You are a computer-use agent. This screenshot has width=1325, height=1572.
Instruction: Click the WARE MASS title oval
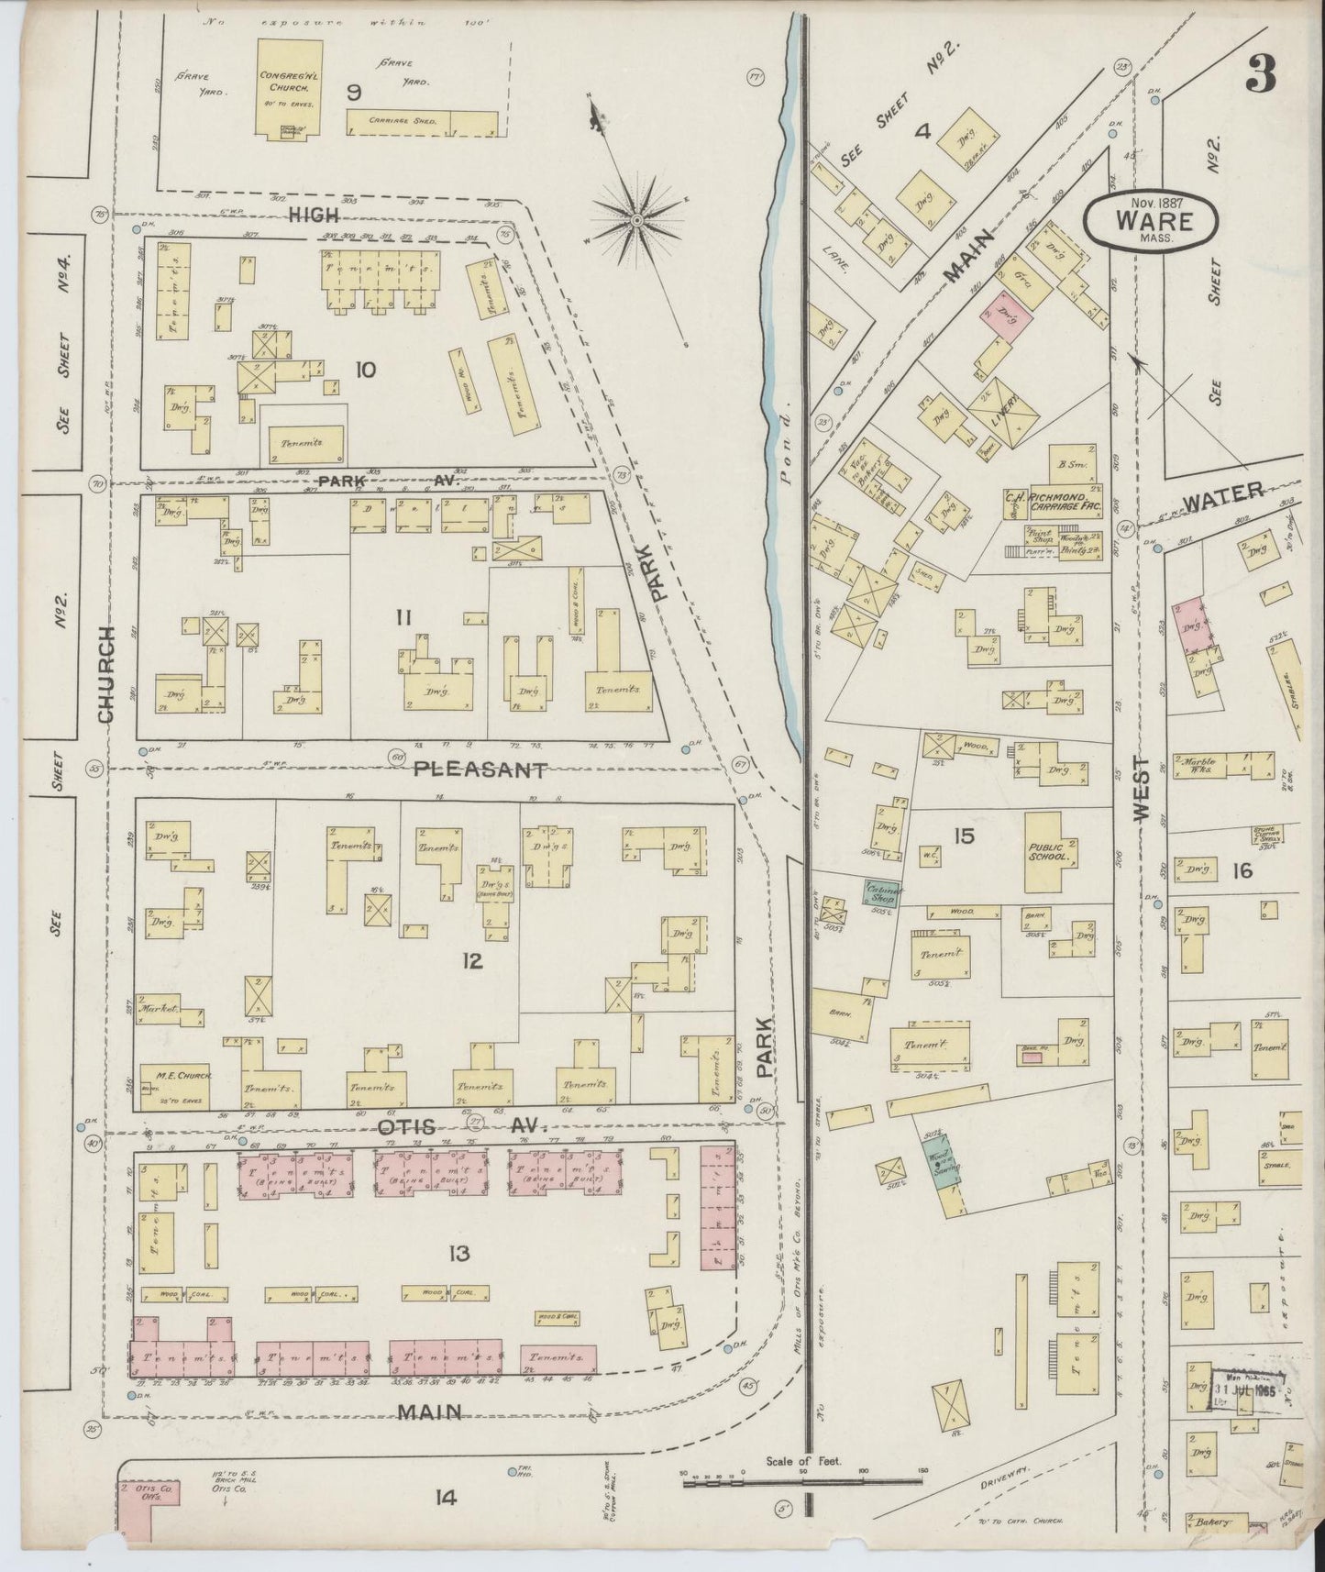point(1152,221)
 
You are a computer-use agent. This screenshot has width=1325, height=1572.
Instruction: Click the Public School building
point(1050,851)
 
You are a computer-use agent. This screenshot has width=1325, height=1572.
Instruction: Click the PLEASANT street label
point(480,769)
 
